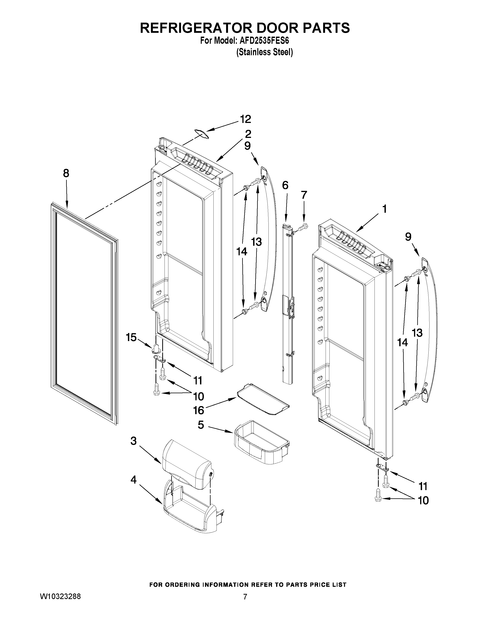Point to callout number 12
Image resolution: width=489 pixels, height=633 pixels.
click(245, 119)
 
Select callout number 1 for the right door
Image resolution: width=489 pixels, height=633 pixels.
click(384, 209)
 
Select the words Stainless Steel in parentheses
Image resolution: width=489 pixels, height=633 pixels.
click(264, 52)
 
